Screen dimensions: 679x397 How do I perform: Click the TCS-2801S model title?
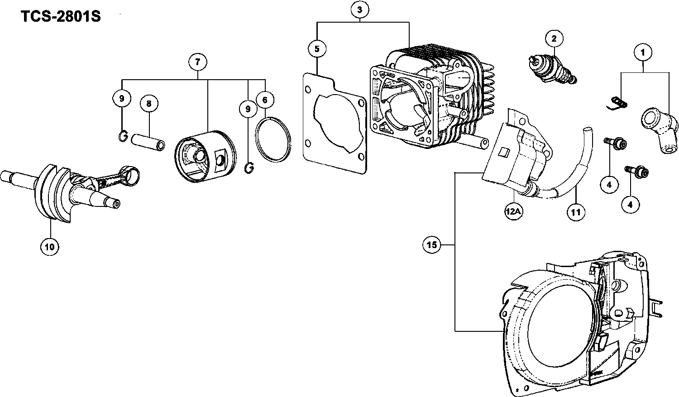click(x=61, y=16)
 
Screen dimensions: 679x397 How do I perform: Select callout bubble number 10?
click(x=50, y=247)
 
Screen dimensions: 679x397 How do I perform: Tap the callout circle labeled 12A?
click(x=513, y=211)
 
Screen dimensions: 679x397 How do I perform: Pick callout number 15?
click(x=432, y=244)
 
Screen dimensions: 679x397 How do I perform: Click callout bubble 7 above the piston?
click(x=198, y=62)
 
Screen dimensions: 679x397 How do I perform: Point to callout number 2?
click(x=554, y=38)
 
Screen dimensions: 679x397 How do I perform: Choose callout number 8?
click(x=149, y=104)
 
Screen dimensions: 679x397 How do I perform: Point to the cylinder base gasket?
click(x=335, y=123)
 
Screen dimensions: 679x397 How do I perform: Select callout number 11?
click(x=576, y=212)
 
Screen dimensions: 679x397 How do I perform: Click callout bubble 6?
click(x=265, y=100)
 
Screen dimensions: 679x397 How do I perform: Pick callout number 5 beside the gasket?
click(x=317, y=49)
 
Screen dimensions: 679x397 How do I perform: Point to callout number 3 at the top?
click(x=360, y=10)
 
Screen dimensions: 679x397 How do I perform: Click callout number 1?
click(x=643, y=53)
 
